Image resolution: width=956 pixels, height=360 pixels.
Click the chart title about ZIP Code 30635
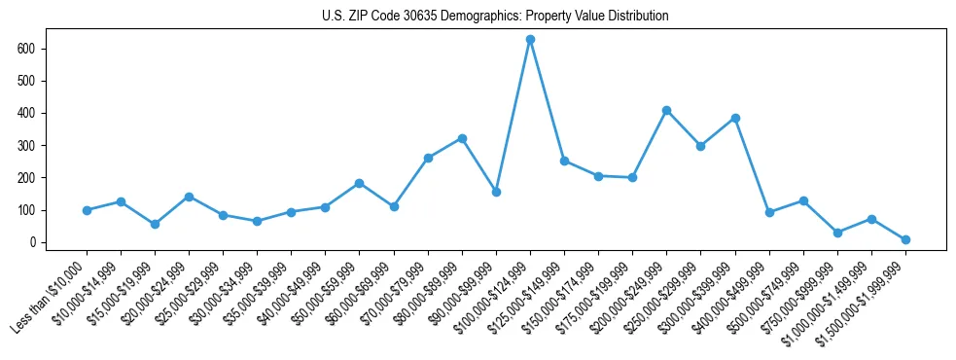495,17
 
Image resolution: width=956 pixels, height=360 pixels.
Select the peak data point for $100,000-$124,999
530,39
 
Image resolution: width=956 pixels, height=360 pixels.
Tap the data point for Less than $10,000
88,210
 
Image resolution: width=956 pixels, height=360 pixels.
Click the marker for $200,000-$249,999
666,110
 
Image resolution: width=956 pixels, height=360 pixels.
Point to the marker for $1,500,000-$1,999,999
905,239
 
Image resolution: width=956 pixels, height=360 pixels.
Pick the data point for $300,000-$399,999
735,118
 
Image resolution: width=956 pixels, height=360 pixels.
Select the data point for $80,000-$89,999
462,138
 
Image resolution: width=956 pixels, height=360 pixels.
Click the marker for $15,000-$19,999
156,224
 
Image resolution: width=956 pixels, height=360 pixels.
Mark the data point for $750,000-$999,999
837,233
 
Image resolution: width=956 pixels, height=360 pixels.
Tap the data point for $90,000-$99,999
496,192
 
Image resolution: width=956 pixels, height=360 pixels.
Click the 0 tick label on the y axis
39,242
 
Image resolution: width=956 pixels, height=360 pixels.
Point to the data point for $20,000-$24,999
190,197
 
